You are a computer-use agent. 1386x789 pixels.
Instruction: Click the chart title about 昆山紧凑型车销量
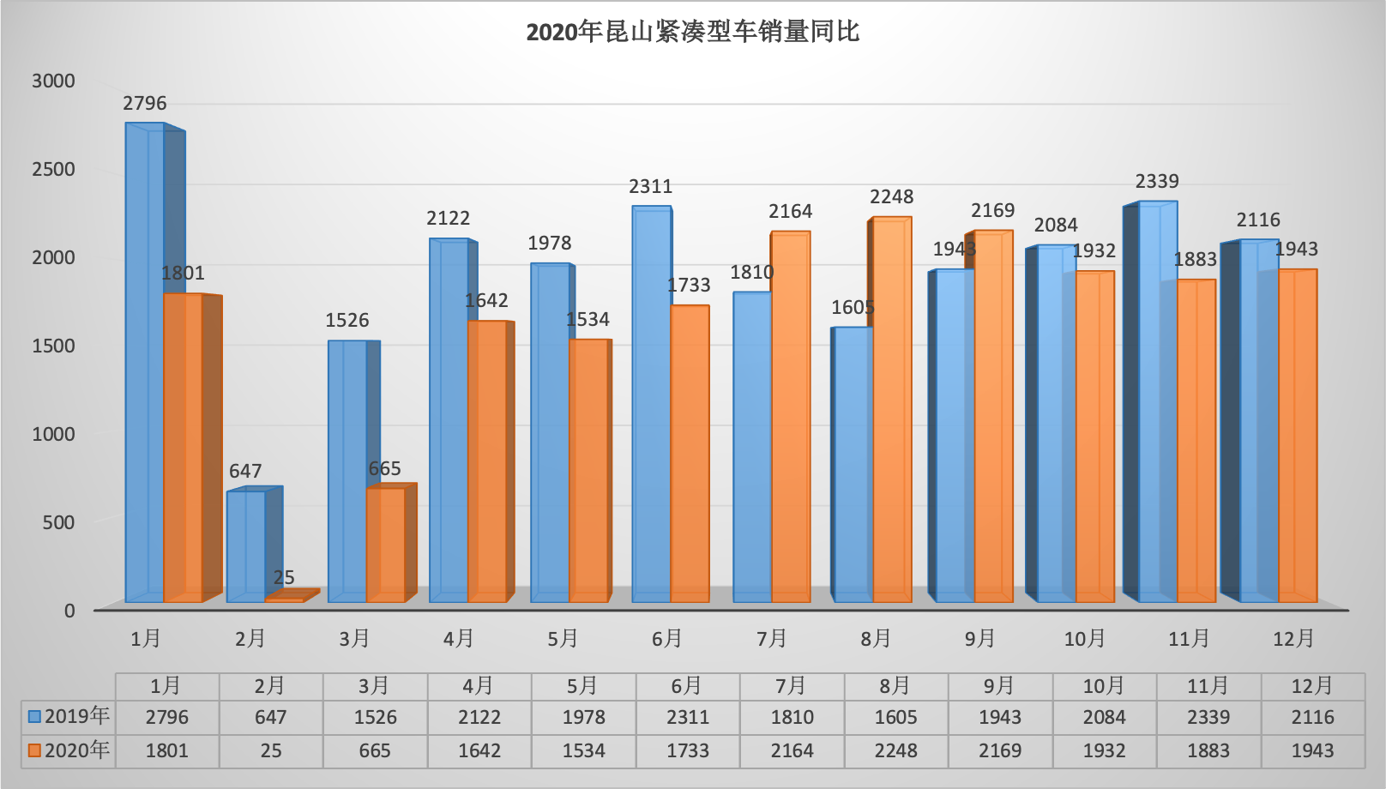pyautogui.click(x=692, y=33)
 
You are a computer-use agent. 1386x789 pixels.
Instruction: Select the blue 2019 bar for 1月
pyautogui.click(x=145, y=360)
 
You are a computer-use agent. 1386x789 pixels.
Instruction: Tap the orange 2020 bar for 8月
pyautogui.click(x=892, y=412)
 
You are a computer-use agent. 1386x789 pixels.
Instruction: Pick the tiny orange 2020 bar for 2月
pyautogui.click(x=285, y=599)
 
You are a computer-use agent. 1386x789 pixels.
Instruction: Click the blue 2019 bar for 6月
pyautogui.click(x=651, y=403)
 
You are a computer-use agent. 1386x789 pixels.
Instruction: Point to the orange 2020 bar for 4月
pyautogui.click(x=487, y=463)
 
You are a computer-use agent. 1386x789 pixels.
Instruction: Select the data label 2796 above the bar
pyautogui.click(x=145, y=104)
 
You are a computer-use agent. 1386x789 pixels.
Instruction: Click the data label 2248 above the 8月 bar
pyautogui.click(x=892, y=197)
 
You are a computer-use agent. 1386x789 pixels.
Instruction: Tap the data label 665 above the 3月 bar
pyautogui.click(x=385, y=469)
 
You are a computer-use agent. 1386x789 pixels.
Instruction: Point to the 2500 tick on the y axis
pyautogui.click(x=53, y=169)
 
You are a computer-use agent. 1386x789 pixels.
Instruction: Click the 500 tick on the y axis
pyautogui.click(x=58, y=522)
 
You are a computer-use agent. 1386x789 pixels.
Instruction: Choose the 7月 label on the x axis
pyautogui.click(x=772, y=639)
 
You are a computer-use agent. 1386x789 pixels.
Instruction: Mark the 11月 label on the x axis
pyautogui.click(x=1189, y=639)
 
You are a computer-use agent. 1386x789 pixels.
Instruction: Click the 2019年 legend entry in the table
pyautogui.click(x=69, y=717)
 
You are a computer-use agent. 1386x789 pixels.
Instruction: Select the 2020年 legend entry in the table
pyautogui.click(x=69, y=750)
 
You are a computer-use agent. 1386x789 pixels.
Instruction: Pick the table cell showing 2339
pyautogui.click(x=1208, y=717)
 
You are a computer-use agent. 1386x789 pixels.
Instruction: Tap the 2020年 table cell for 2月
pyautogui.click(x=271, y=750)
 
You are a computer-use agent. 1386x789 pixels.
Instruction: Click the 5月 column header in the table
pyautogui.click(x=583, y=686)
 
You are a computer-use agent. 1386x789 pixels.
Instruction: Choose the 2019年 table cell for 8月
pyautogui.click(x=896, y=717)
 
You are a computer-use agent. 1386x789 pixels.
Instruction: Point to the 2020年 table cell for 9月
pyautogui.click(x=1000, y=750)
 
